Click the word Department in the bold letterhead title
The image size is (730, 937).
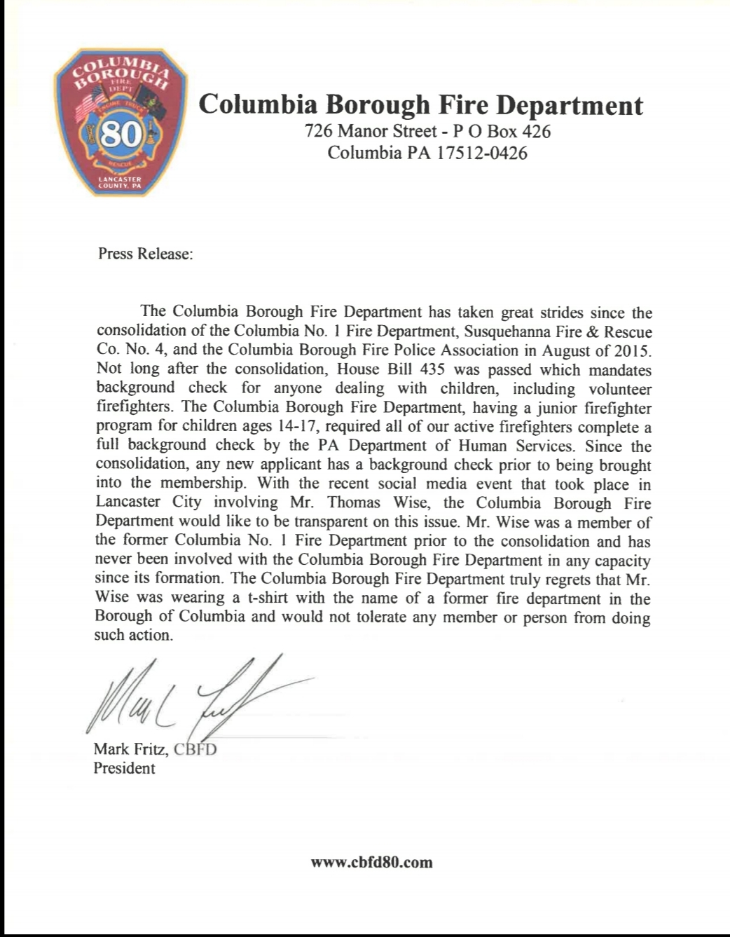pos(570,105)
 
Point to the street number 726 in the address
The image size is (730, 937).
pos(319,131)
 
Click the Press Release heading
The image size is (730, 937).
pos(145,254)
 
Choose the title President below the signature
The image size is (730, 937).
pos(124,768)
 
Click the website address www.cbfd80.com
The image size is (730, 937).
pos(371,863)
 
